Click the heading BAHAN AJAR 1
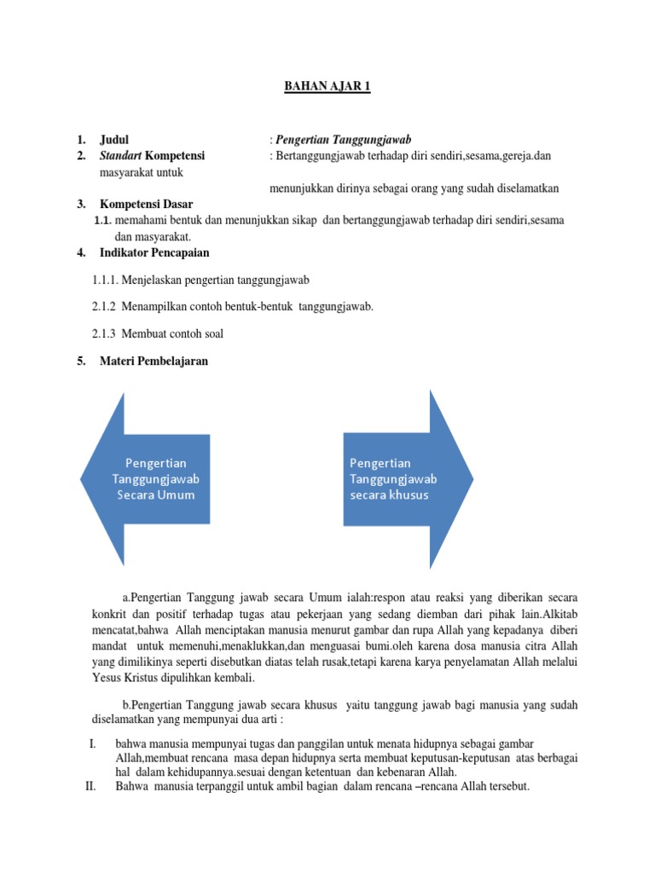tap(327, 87)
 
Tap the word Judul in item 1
tap(115, 139)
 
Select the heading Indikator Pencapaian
tap(154, 252)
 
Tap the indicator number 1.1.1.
tap(104, 280)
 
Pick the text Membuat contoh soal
tap(172, 334)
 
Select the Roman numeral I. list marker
tap(93, 744)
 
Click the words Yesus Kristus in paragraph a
tap(125, 678)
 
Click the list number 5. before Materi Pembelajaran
tap(81, 361)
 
